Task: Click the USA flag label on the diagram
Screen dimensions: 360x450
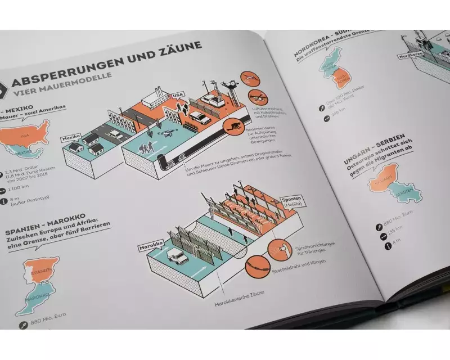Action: pos(178,94)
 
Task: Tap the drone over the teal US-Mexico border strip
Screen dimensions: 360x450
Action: pos(166,133)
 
